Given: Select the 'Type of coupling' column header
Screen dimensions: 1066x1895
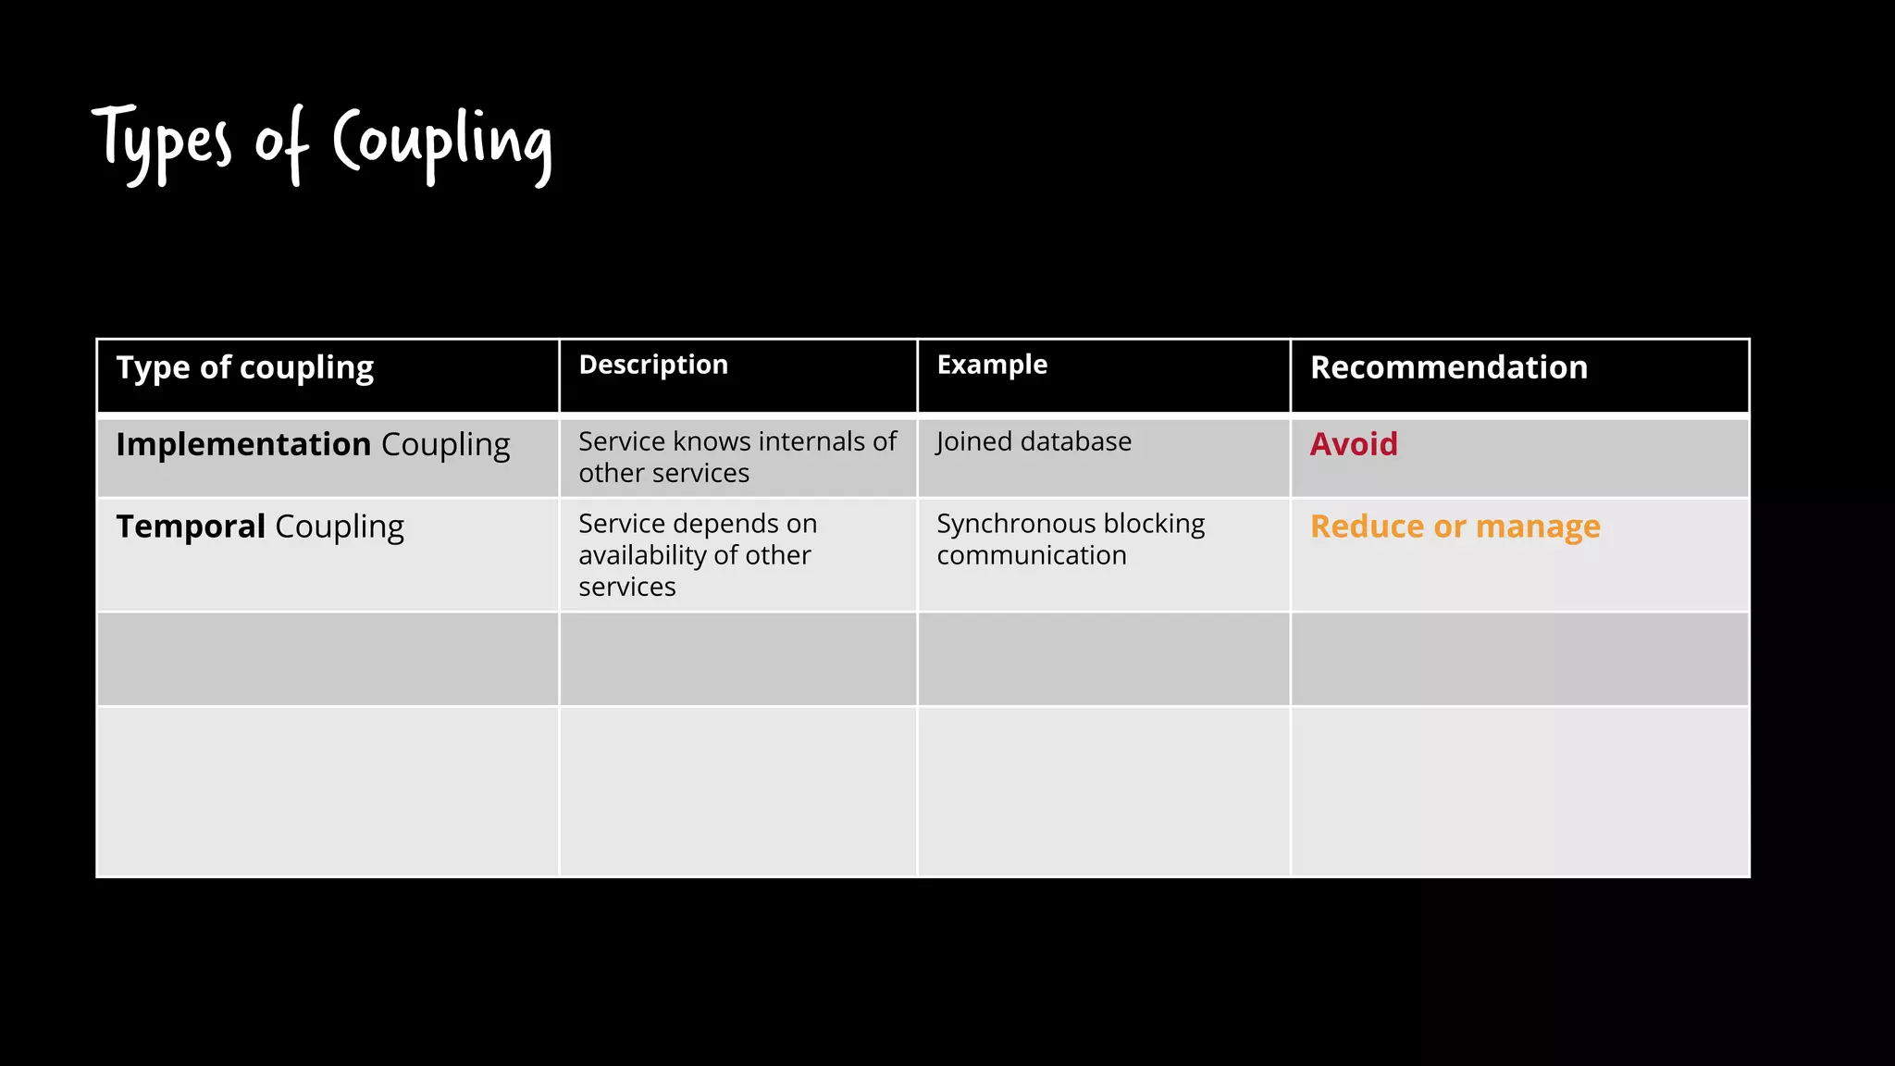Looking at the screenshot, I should [245, 367].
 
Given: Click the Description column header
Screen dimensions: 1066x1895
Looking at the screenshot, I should [653, 365].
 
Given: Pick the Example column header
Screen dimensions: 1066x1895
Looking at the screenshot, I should [992, 365].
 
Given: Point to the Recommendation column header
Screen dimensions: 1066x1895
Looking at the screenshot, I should [1449, 367].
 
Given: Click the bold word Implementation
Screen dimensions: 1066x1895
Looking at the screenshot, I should [243, 444].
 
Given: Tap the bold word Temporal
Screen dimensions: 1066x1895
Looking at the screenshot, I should [191, 527].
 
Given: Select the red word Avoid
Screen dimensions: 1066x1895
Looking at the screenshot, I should [1354, 444].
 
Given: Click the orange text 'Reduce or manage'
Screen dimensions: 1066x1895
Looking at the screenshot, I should [1455, 527].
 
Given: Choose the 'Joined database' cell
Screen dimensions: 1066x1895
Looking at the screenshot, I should [1034, 441].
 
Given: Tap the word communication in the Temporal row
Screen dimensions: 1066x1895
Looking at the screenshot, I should [1032, 555].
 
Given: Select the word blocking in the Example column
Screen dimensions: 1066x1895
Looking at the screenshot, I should [1154, 525].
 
